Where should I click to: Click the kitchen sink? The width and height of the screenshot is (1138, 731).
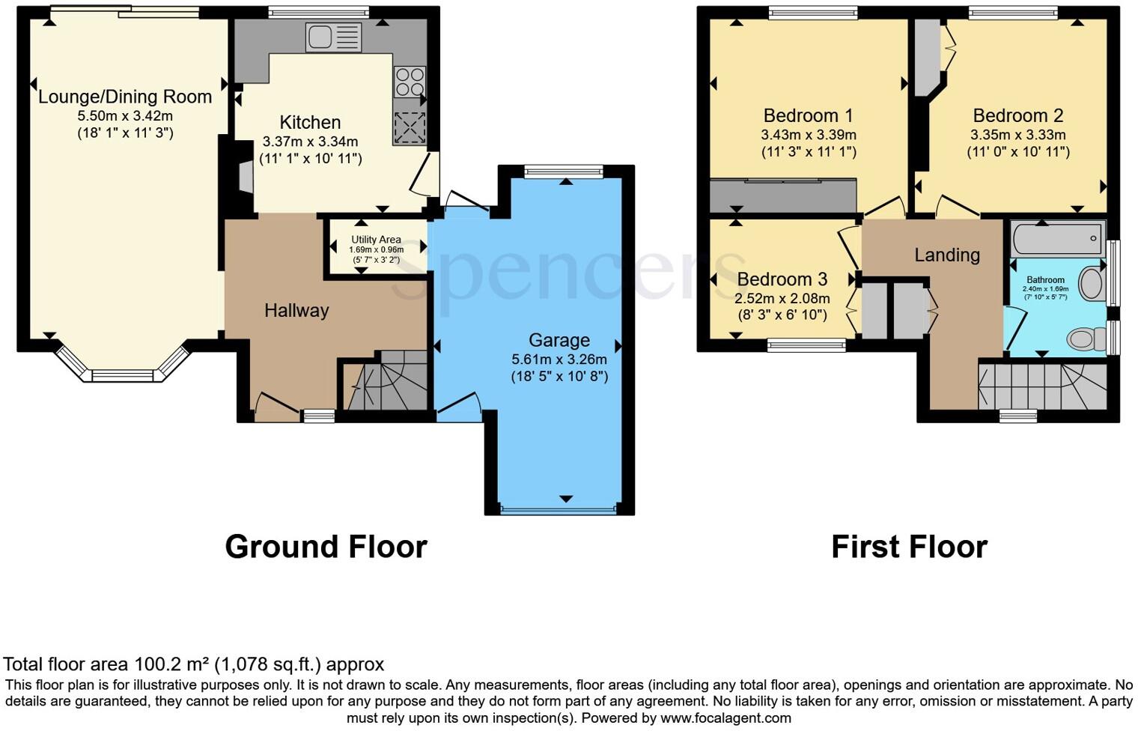coord(333,37)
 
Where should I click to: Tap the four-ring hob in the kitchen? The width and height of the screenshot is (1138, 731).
coord(410,82)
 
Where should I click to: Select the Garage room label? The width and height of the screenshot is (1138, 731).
coord(559,340)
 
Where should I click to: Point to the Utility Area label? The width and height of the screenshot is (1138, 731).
coord(377,240)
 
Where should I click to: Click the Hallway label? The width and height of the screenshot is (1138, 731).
coord(296,310)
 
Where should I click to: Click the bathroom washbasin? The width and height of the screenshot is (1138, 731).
coord(1092,284)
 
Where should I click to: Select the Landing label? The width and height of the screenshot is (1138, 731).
coord(946,255)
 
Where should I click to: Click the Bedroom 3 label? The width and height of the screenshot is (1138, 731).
coord(782,279)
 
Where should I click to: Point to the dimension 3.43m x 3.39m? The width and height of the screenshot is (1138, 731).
coord(808,136)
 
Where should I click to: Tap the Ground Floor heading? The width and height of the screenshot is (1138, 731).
coord(326,547)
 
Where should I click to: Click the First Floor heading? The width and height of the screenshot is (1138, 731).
coord(909,547)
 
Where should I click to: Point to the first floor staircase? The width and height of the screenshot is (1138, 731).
coord(1042,386)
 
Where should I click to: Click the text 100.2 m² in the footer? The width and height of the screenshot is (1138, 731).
coord(172,664)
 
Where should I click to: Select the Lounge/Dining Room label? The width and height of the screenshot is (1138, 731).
coord(125,97)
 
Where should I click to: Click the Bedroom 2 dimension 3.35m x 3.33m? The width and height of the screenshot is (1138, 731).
coord(1017,136)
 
